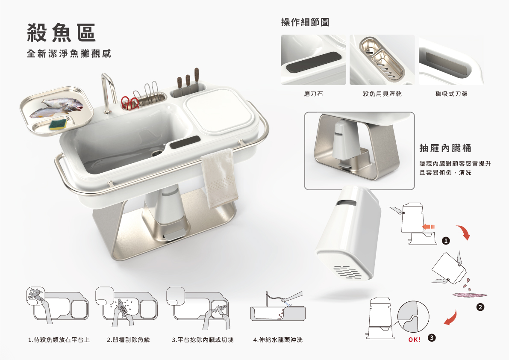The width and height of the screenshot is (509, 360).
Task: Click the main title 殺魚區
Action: pos(61,33)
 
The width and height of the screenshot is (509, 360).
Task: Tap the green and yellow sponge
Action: pos(59,125)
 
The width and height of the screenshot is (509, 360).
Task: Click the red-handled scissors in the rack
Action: pos(130,102)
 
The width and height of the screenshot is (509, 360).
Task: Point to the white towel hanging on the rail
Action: pos(219,178)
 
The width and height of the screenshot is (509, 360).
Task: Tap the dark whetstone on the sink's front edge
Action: pos(185,142)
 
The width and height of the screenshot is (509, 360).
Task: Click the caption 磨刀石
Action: pos(313,94)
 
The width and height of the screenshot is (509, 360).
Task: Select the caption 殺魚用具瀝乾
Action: pos(382,94)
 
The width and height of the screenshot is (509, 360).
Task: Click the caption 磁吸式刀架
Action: pos(451,94)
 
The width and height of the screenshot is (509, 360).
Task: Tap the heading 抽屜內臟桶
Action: pos(445,148)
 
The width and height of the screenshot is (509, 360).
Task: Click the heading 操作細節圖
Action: pos(305,22)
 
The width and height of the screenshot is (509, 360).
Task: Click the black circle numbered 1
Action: pos(446,241)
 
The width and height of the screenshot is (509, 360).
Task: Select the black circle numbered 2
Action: pos(480,307)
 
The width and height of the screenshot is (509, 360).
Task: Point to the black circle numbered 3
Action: pos(431,338)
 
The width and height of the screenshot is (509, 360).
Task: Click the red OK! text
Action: pos(415,339)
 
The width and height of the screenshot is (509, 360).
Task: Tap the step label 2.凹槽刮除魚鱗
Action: pos(128,340)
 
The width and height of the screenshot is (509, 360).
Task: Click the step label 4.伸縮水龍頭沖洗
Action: pos(278,340)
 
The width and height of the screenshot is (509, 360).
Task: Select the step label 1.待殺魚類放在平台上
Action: pos(59,340)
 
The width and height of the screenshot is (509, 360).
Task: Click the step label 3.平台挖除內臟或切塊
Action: pos(203,340)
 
